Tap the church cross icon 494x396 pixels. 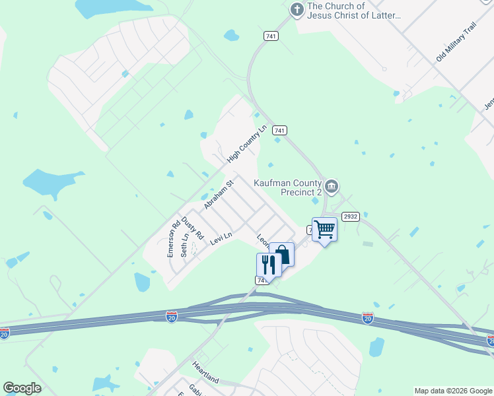pyautogui.click(x=297, y=10)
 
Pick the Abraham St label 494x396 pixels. pyautogui.click(x=219, y=195)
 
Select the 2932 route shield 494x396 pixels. pyautogui.click(x=349, y=216)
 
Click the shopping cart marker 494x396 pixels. pyautogui.click(x=324, y=229)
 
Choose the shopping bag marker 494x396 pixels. pyautogui.click(x=281, y=255)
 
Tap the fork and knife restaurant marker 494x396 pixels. pyautogui.click(x=269, y=264)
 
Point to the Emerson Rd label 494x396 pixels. pyautogui.click(x=173, y=238)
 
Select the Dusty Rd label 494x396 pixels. pyautogui.click(x=193, y=228)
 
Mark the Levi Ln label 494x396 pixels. pyautogui.click(x=221, y=238)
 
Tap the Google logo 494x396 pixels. pyautogui.click(x=22, y=388)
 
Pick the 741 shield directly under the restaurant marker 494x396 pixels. pyautogui.click(x=262, y=280)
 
